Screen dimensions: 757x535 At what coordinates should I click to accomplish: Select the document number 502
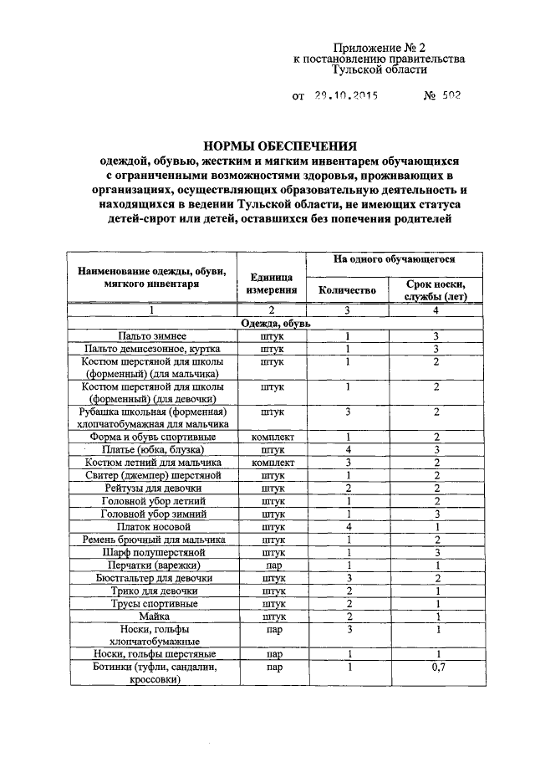click(449, 95)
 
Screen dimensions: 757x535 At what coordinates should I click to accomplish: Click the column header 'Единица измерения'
click(272, 284)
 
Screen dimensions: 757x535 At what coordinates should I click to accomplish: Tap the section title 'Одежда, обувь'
click(276, 323)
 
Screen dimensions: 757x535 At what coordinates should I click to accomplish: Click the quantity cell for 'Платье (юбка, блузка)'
click(348, 449)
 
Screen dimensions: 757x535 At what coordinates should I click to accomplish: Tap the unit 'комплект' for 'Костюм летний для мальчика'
click(272, 462)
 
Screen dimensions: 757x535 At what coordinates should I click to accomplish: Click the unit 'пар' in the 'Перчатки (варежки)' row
click(272, 565)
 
